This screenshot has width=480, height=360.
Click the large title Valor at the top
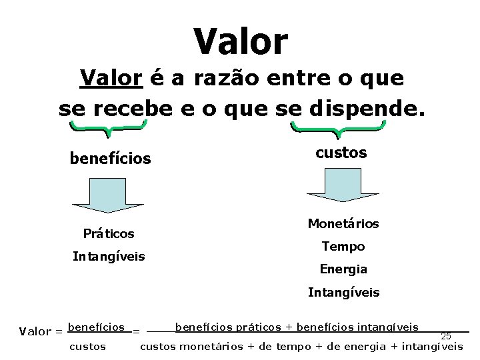click(241, 41)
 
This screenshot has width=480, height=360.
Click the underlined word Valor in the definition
click(111, 79)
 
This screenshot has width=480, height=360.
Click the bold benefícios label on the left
click(110, 159)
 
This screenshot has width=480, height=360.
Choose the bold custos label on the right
click(341, 153)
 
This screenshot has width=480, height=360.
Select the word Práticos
click(109, 233)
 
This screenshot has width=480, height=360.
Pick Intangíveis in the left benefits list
click(109, 256)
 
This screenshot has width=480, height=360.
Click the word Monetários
click(343, 223)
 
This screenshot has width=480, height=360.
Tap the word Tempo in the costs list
click(343, 247)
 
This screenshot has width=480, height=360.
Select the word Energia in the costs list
click(343, 269)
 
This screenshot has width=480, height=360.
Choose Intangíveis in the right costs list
click(343, 292)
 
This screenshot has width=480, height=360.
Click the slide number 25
click(446, 336)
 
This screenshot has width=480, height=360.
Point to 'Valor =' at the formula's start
click(41, 331)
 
